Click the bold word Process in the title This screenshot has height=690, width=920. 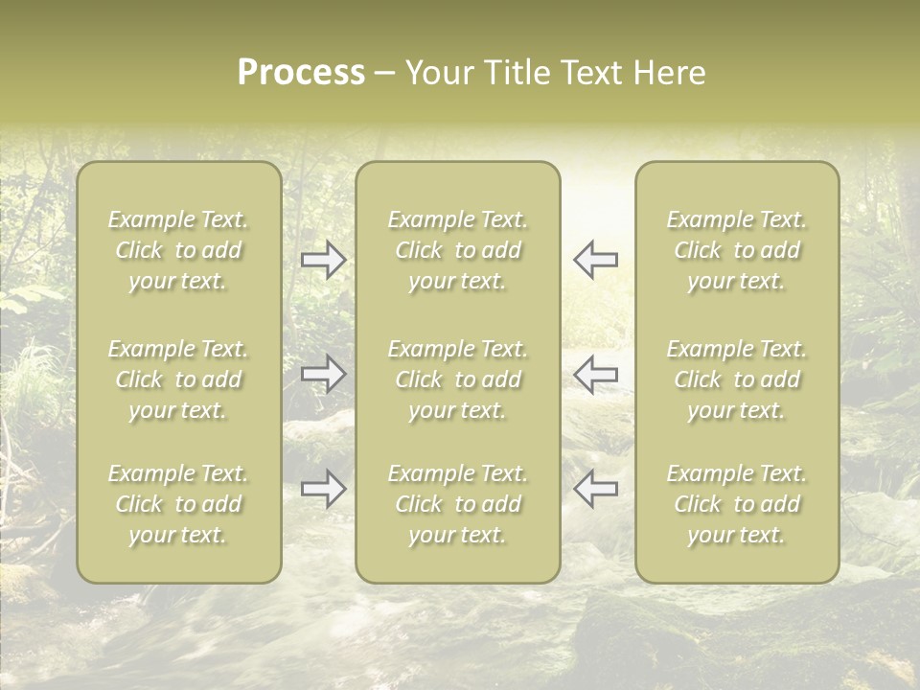[301, 73]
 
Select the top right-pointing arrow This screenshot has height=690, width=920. [323, 260]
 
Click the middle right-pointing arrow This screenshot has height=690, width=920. [323, 374]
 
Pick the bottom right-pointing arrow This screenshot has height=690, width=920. [323, 489]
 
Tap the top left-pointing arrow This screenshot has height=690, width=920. [595, 260]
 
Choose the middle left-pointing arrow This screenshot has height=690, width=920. [595, 374]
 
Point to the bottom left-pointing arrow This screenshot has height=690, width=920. [595, 489]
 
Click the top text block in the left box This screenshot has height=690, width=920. [178, 250]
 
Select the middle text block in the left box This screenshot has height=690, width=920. [178, 379]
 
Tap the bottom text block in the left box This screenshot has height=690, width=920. [178, 504]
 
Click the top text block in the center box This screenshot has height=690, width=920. [458, 250]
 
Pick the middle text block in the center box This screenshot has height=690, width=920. [458, 379]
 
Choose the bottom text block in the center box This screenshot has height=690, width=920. [458, 504]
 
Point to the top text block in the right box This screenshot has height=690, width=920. [737, 250]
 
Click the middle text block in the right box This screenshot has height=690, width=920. [737, 379]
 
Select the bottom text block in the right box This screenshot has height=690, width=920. [737, 504]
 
